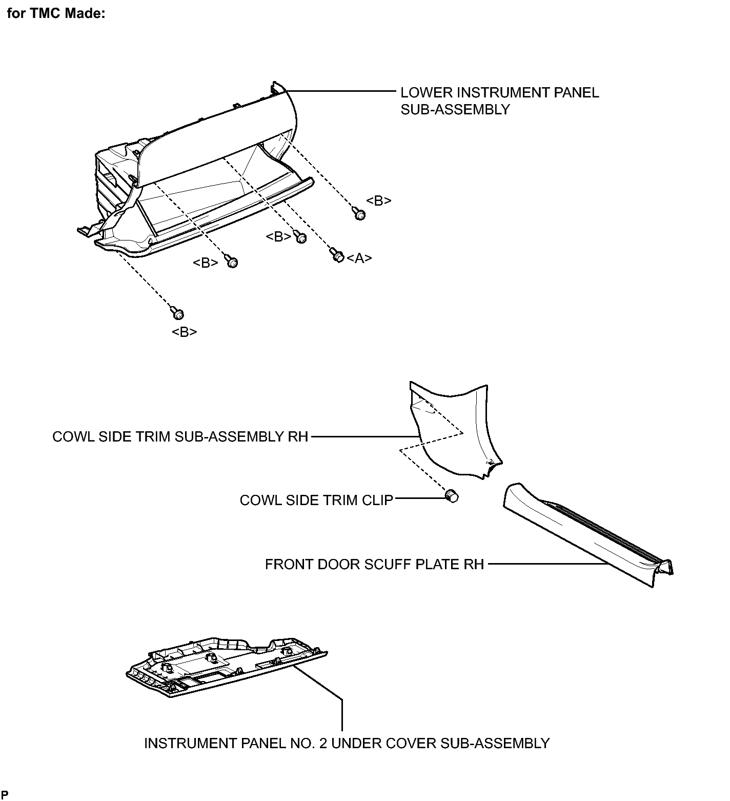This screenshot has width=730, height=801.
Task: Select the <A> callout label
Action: coord(359,258)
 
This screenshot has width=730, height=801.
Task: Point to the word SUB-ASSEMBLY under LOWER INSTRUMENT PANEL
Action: coord(455,110)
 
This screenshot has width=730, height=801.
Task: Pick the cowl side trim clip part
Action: coord(452,496)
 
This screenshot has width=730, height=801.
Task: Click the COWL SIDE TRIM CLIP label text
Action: coord(316,500)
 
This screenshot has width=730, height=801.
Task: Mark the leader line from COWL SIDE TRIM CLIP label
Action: coord(420,497)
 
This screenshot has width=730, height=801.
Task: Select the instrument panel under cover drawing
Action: coord(226,666)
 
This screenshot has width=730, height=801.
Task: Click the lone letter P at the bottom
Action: coord(4,795)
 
